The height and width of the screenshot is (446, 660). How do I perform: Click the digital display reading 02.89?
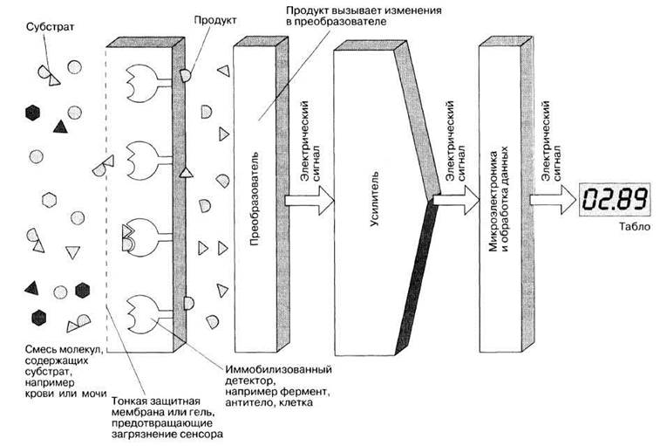[x=615, y=199]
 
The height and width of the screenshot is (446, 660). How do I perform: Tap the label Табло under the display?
[x=635, y=227]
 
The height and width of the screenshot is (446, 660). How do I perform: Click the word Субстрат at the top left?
[x=50, y=27]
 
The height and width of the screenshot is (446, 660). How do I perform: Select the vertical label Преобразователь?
[x=255, y=198]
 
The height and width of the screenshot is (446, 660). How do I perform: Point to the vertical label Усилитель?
[x=374, y=198]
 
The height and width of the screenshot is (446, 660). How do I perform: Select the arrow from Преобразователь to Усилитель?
[x=310, y=200]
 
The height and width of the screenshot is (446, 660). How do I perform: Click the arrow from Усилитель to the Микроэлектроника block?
[x=456, y=200]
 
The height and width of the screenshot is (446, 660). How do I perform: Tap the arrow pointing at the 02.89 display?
[x=553, y=200]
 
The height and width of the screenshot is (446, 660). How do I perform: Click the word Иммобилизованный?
[x=279, y=370]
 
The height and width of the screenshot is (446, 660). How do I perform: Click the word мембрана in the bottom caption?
[x=134, y=412]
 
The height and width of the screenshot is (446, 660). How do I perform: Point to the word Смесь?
[x=40, y=350]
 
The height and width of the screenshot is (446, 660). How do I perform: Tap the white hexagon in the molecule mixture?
[x=49, y=199]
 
